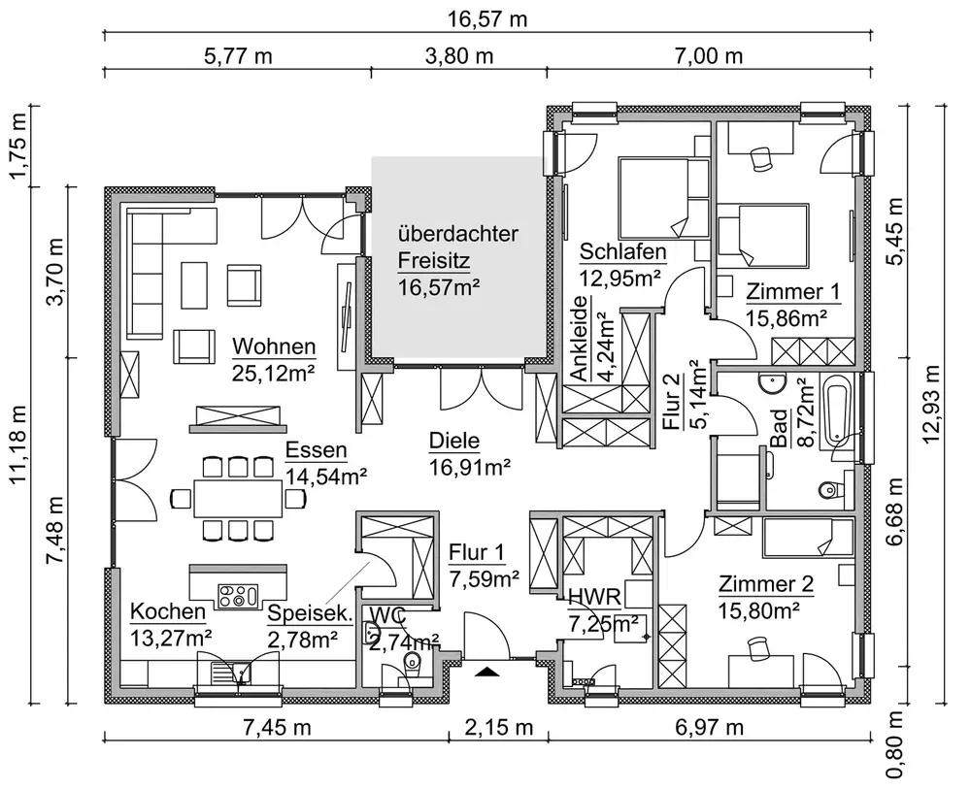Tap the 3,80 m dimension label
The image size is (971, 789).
click(460, 55)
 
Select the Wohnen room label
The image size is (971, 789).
click(274, 346)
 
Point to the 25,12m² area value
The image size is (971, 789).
click(274, 373)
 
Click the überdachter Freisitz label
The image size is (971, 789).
click(458, 247)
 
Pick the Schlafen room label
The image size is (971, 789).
click(623, 252)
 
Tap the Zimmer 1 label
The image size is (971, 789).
click(792, 291)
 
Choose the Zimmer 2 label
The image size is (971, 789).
click(766, 584)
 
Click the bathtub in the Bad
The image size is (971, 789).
click(837, 410)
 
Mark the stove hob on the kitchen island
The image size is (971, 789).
click(238, 595)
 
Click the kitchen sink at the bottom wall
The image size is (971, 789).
click(232, 673)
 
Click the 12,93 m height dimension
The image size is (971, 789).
click(931, 404)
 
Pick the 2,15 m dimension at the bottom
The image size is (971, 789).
click(499, 728)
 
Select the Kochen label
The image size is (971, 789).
click(168, 611)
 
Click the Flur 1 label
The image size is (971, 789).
click(477, 552)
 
